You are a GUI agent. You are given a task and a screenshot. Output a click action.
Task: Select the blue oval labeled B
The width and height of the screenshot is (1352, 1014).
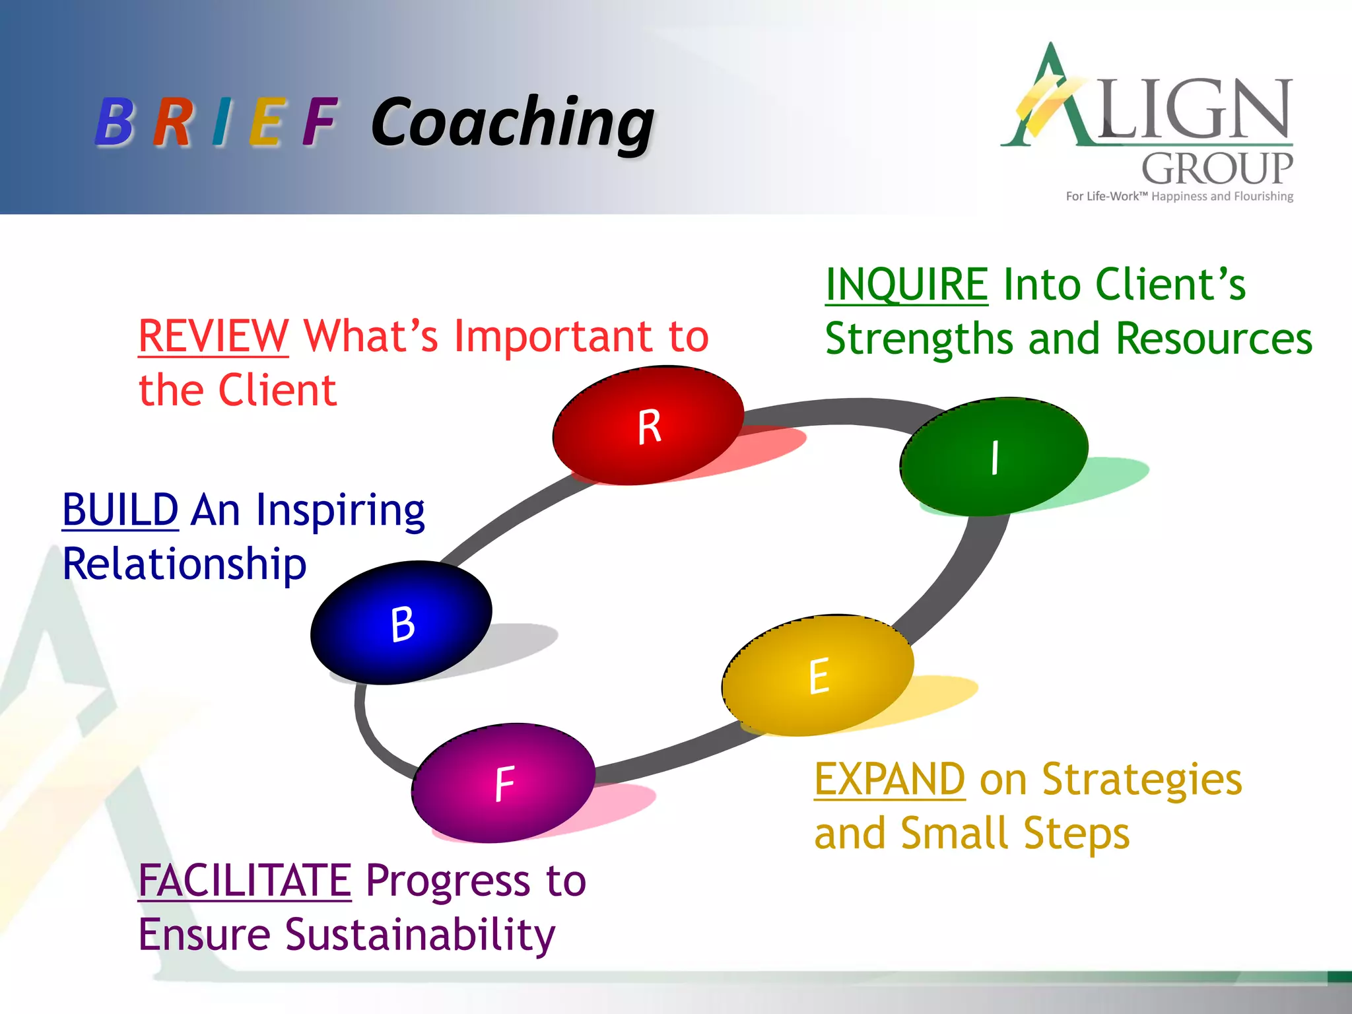[x=401, y=623]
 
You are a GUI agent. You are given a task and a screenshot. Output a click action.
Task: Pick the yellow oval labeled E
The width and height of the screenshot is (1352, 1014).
[x=818, y=675]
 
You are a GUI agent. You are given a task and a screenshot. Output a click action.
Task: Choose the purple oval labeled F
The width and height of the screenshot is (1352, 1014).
[x=504, y=783]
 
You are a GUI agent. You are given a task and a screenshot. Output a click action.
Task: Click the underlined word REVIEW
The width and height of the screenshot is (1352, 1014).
[x=213, y=336]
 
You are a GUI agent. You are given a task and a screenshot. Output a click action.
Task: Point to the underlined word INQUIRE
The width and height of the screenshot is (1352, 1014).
[x=906, y=285]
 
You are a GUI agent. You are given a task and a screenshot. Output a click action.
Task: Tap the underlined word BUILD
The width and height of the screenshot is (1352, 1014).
[x=120, y=510]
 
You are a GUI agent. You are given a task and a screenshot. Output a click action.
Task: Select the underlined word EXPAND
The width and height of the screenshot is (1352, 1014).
[x=889, y=779]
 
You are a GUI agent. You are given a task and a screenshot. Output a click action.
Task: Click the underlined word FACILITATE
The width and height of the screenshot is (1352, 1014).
[x=244, y=881]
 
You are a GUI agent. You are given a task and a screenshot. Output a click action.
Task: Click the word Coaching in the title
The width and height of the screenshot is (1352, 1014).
[x=512, y=122]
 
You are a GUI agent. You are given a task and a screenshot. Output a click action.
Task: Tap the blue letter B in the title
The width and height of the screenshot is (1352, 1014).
[x=115, y=122]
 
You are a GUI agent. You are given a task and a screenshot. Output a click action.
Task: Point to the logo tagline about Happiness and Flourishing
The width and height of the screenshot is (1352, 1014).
[x=1179, y=196]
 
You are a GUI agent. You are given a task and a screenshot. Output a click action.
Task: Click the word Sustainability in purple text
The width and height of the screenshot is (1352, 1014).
[x=420, y=935]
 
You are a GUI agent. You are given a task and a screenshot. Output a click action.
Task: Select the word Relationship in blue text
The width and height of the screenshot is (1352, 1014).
[x=184, y=564]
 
